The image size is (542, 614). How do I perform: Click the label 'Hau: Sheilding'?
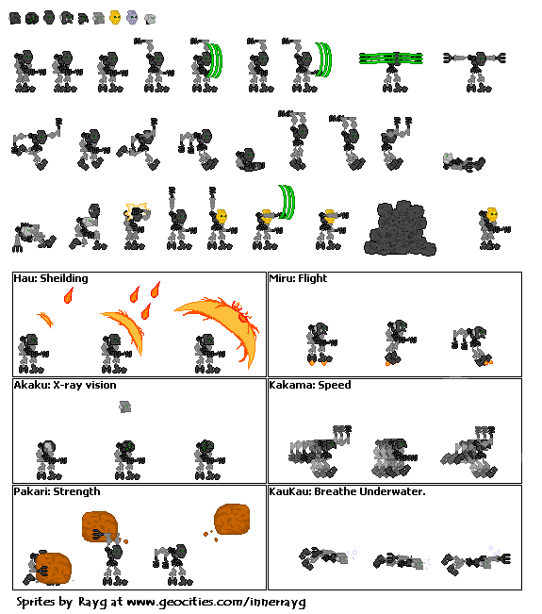coord(51,278)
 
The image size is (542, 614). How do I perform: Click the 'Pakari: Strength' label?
coord(57,491)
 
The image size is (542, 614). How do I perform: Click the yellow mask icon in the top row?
coord(115,17)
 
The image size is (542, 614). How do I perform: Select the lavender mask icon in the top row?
coord(132,17)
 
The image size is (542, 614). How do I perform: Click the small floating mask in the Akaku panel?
coord(125,407)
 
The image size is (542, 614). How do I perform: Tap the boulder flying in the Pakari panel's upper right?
coord(232,519)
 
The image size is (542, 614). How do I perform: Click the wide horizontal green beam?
coord(395,58)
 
